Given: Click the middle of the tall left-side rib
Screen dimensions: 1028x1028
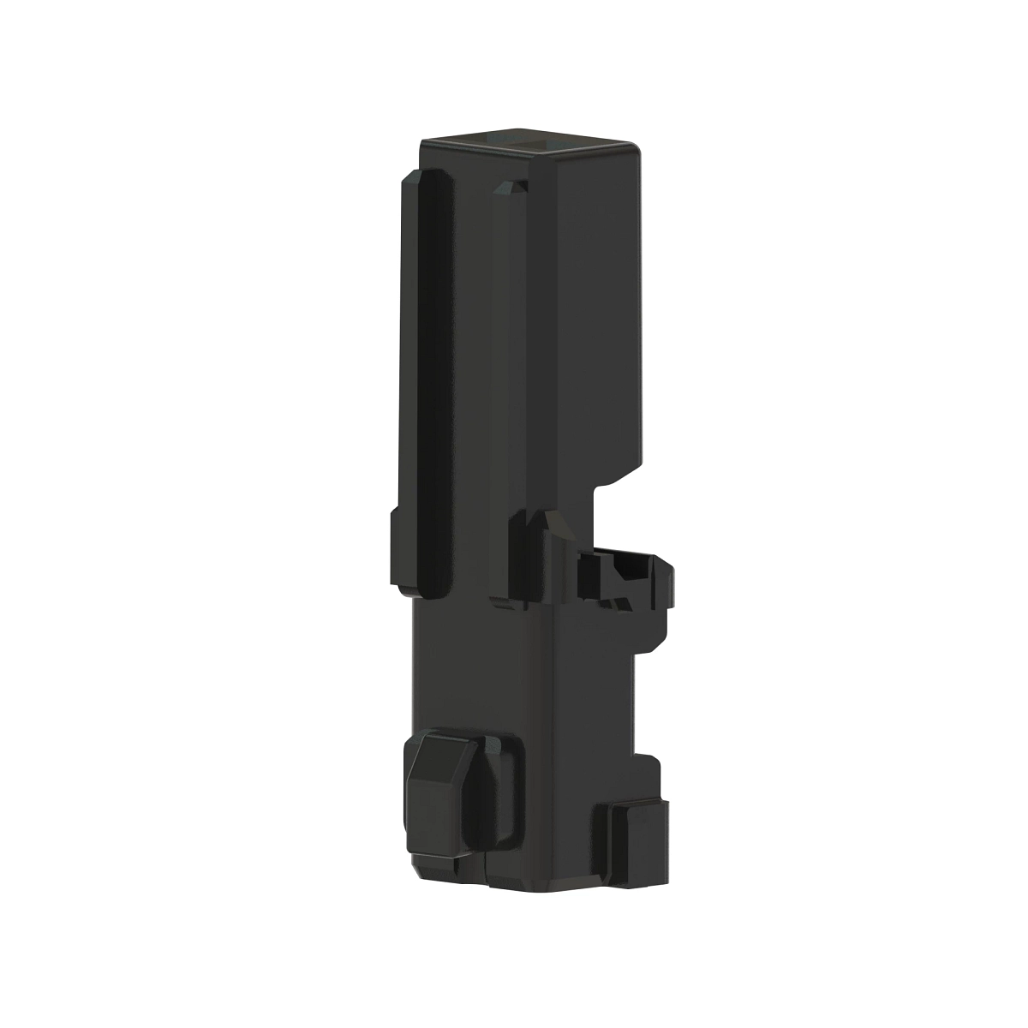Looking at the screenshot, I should pos(424,377).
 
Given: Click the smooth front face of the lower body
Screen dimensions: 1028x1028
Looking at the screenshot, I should pos(480,668).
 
